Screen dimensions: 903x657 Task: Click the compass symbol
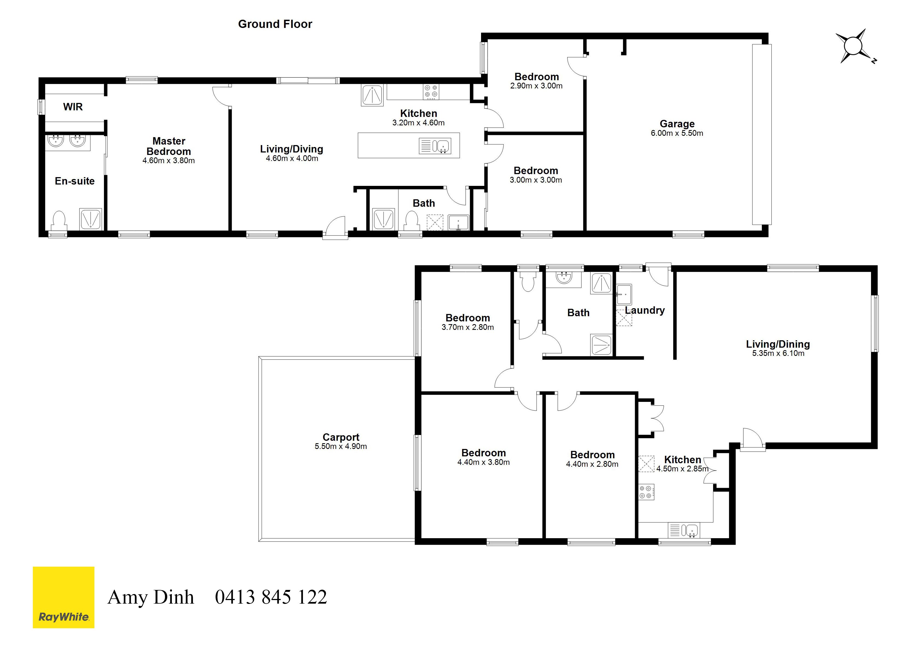pos(854,46)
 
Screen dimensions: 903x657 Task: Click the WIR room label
pos(73,107)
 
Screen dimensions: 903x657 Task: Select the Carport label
pos(341,437)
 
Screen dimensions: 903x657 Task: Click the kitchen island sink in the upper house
pos(435,146)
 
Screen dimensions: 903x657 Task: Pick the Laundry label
pos(645,310)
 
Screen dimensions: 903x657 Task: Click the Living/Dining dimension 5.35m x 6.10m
pos(778,353)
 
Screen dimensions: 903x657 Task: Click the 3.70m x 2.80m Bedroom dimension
pos(467,327)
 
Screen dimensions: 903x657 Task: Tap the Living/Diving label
pos(291,149)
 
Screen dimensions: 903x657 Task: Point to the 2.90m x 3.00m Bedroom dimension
pos(536,86)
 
